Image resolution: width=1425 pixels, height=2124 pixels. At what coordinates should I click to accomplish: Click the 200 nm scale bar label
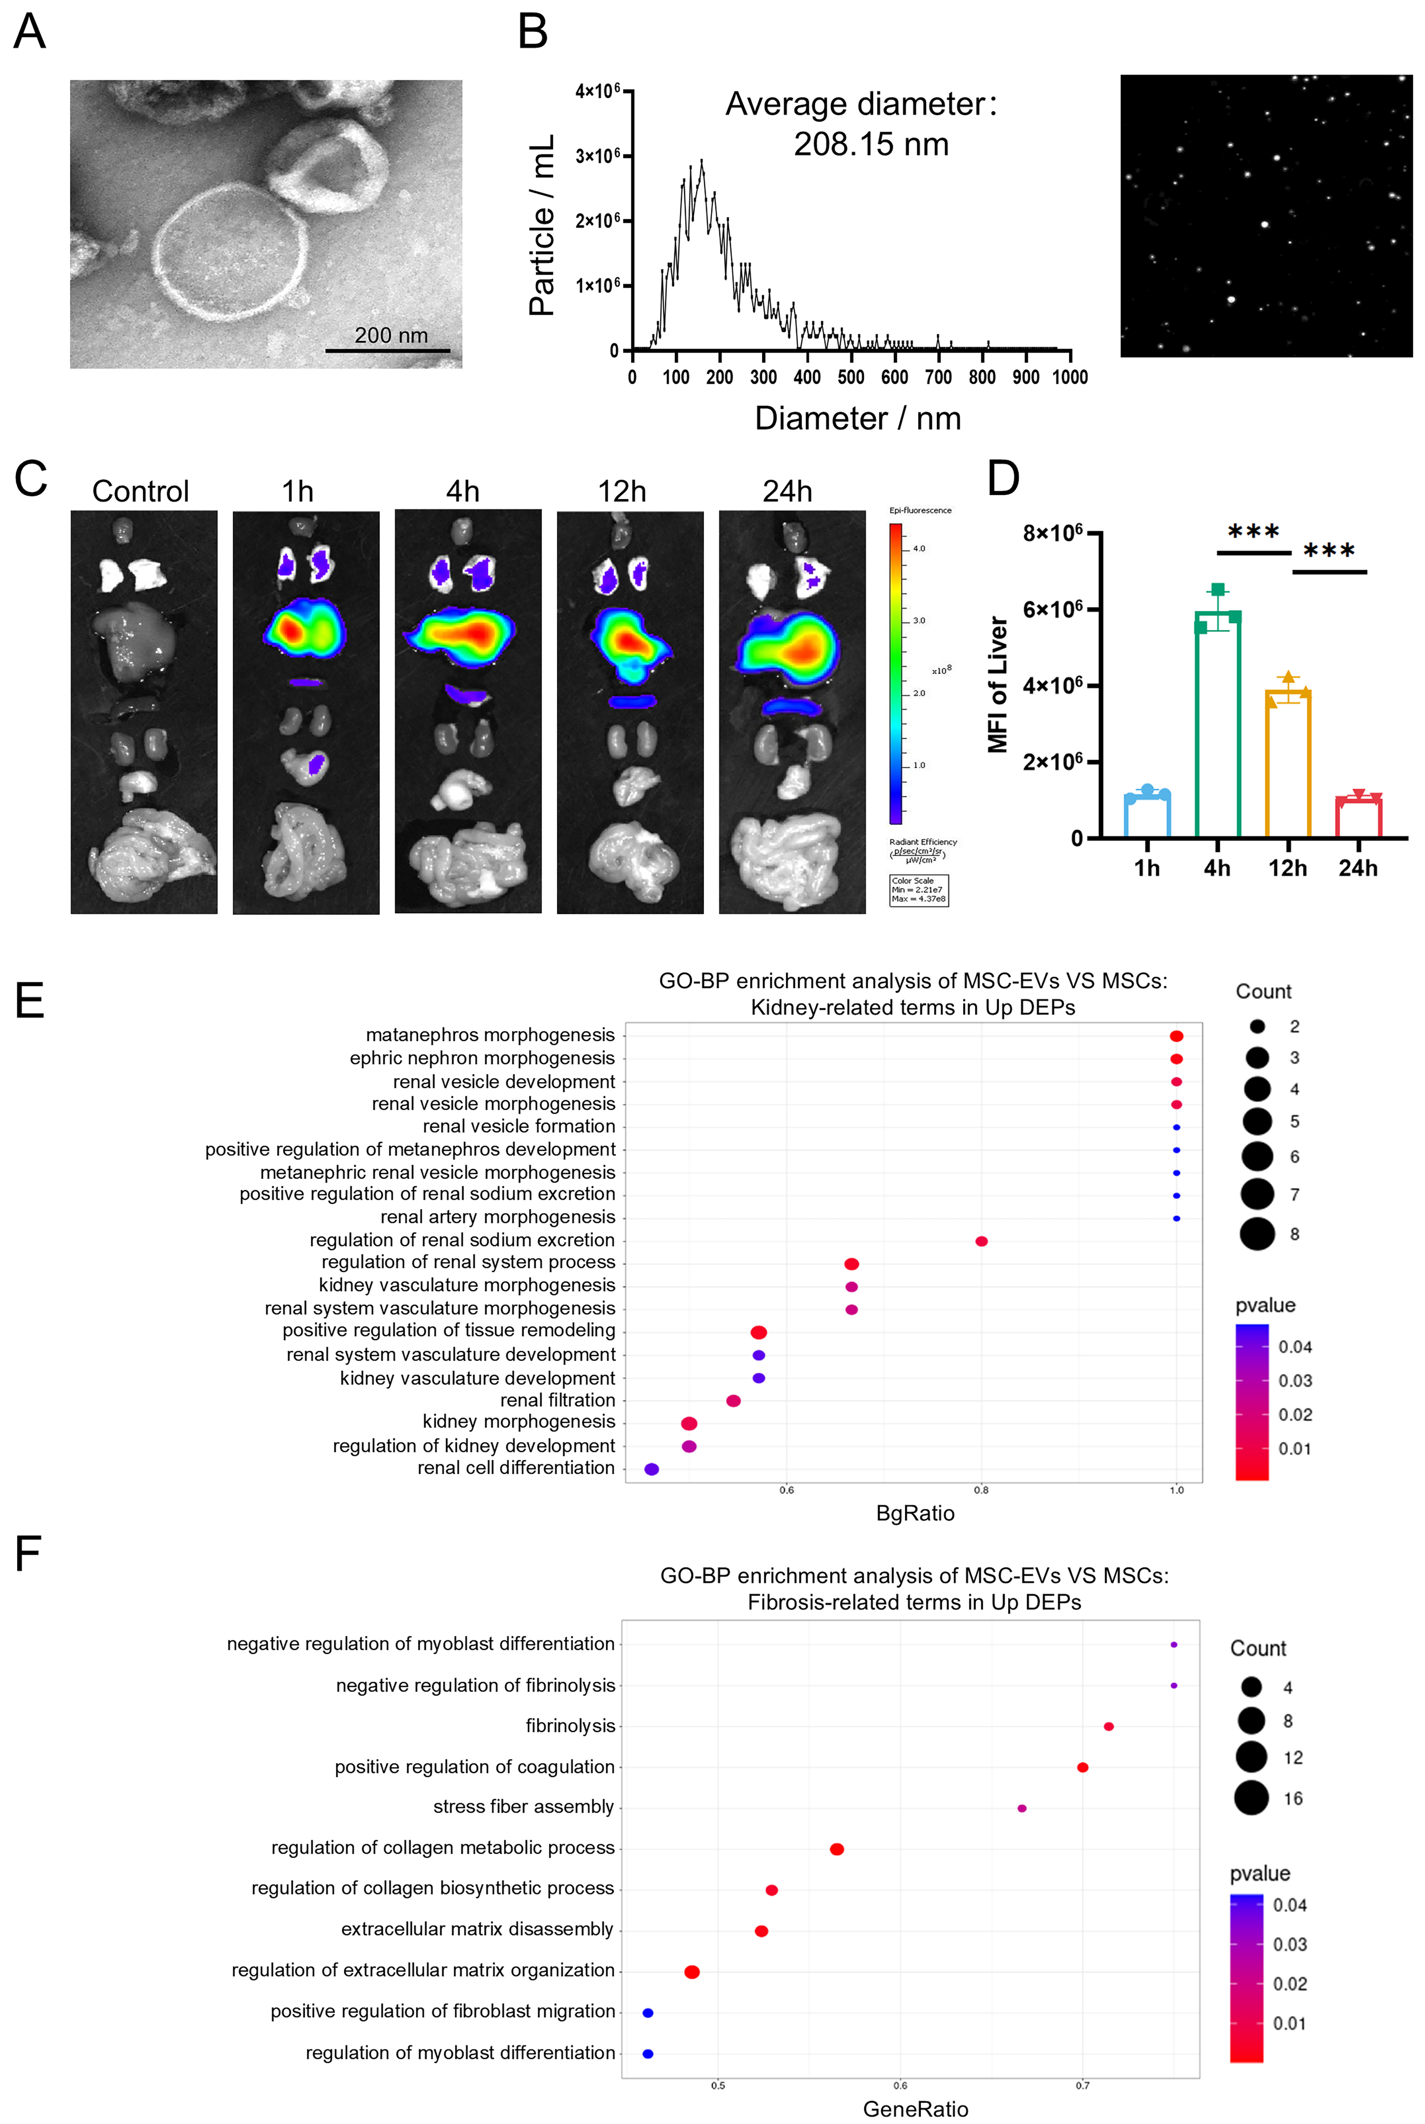coord(391,336)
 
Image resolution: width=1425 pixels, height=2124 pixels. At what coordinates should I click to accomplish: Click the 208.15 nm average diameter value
coord(871,144)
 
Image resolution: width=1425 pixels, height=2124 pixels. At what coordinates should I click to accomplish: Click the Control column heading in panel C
coord(141,492)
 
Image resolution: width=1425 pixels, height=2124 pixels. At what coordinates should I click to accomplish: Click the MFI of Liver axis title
coord(998,684)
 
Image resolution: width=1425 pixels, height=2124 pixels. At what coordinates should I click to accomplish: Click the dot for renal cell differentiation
coord(652,1469)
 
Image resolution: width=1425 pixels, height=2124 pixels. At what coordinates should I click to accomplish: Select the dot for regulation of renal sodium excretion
coord(981,1242)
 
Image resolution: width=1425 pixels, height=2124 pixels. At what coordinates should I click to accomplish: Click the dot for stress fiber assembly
coord(1022,1808)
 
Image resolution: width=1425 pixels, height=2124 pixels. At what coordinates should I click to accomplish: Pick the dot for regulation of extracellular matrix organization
coord(692,1972)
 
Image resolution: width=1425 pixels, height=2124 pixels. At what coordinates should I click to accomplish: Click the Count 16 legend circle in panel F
coord(1251,1798)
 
